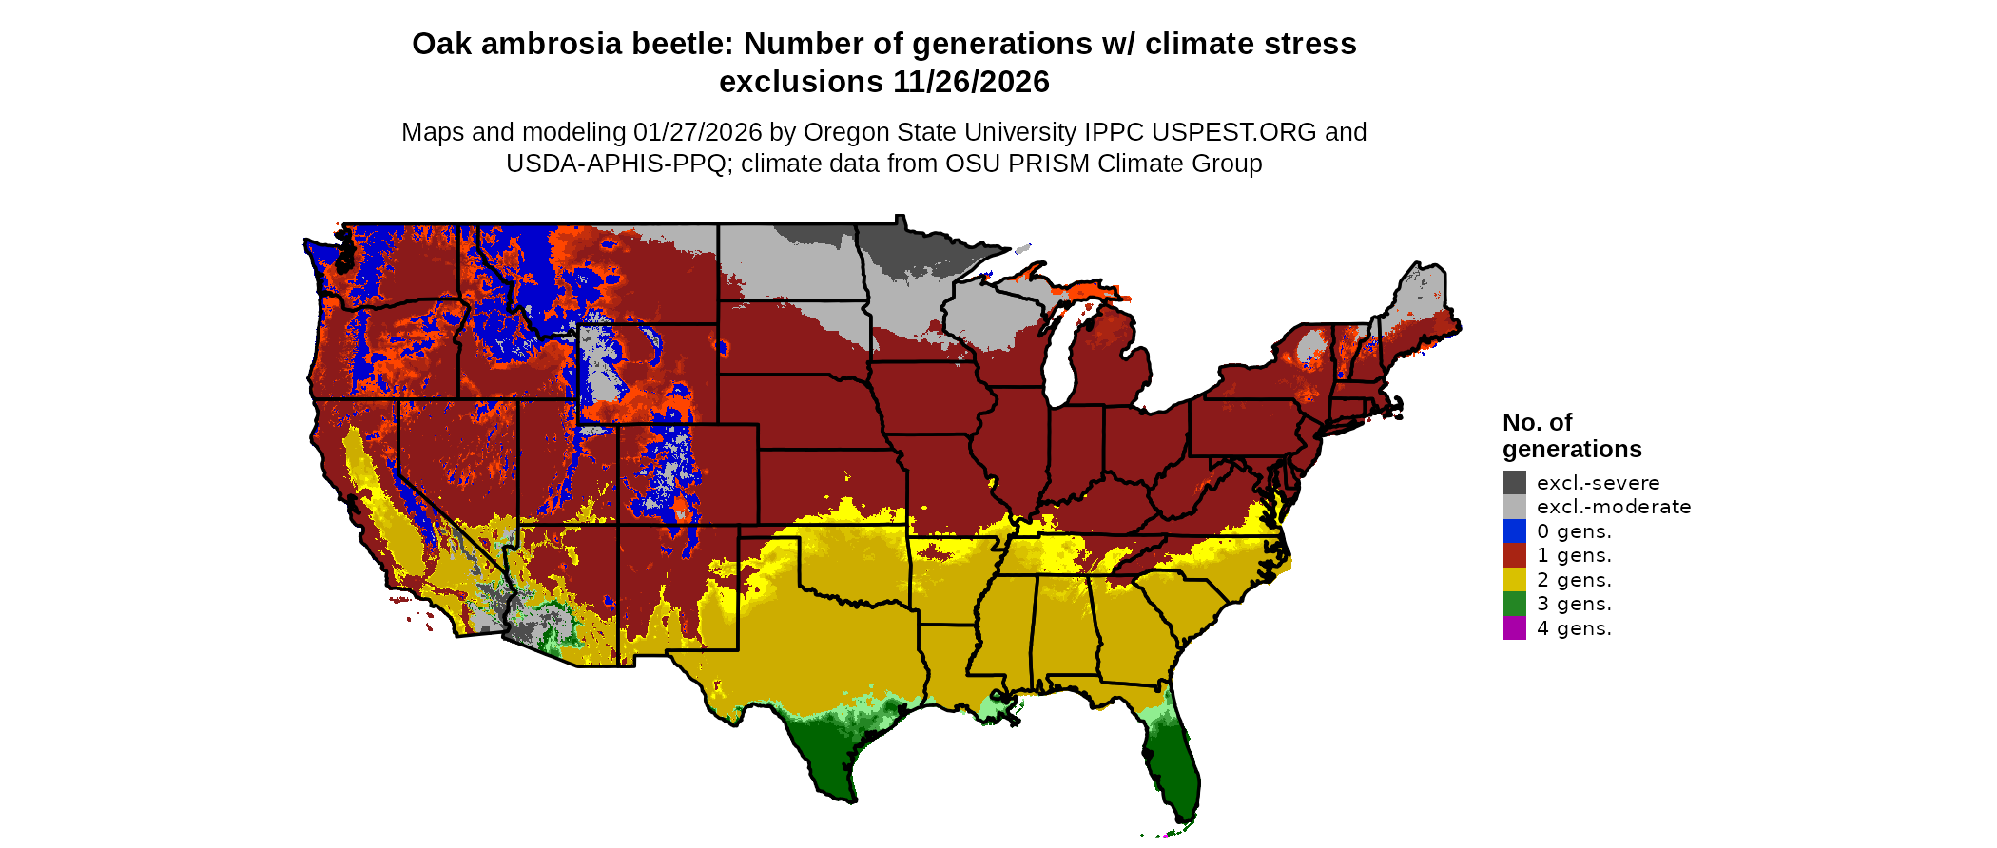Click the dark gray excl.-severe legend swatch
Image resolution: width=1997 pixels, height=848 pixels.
[x=1514, y=482]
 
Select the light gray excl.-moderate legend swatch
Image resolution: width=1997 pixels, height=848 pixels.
[x=1514, y=507]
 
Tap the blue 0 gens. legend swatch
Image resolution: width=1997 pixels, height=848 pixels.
[x=1514, y=530]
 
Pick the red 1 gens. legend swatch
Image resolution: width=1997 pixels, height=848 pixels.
[x=1514, y=555]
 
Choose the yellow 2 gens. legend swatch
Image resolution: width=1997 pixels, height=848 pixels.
[x=1514, y=580]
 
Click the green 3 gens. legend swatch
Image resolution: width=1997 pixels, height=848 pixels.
[x=1514, y=604]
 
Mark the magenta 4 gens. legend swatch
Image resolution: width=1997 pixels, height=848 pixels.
[x=1514, y=627]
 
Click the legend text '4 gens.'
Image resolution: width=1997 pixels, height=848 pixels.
[x=1574, y=628]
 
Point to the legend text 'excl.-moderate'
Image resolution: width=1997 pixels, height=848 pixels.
[x=1614, y=507]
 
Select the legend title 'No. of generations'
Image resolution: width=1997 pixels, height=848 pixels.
[x=1571, y=435]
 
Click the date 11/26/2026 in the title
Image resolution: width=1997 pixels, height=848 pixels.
[x=971, y=83]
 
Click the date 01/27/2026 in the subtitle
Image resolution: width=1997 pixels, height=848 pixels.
[x=697, y=132]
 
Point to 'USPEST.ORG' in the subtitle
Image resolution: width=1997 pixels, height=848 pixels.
[x=1236, y=132]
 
